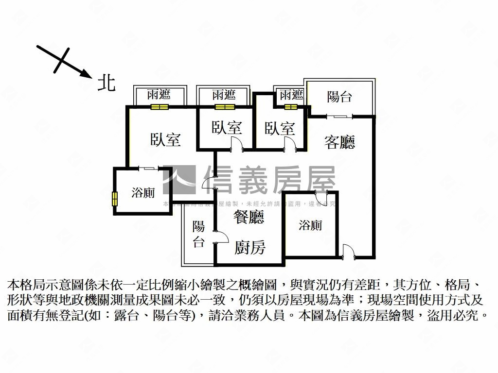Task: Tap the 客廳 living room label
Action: [x=339, y=142]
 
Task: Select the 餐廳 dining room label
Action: [x=249, y=217]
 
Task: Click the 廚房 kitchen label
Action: [x=250, y=248]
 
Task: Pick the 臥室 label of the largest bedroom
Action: [x=165, y=140]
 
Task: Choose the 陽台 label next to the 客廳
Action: [x=339, y=97]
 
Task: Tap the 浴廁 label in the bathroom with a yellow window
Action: [x=143, y=193]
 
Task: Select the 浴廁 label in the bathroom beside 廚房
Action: [x=310, y=225]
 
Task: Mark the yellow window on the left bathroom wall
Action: [x=115, y=199]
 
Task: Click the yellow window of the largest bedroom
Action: [x=159, y=107]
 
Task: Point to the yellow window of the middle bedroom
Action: [x=224, y=107]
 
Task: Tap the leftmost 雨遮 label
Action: [x=159, y=94]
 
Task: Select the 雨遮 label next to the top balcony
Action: [x=291, y=94]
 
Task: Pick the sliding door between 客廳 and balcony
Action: [x=339, y=116]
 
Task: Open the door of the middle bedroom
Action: [x=235, y=144]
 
